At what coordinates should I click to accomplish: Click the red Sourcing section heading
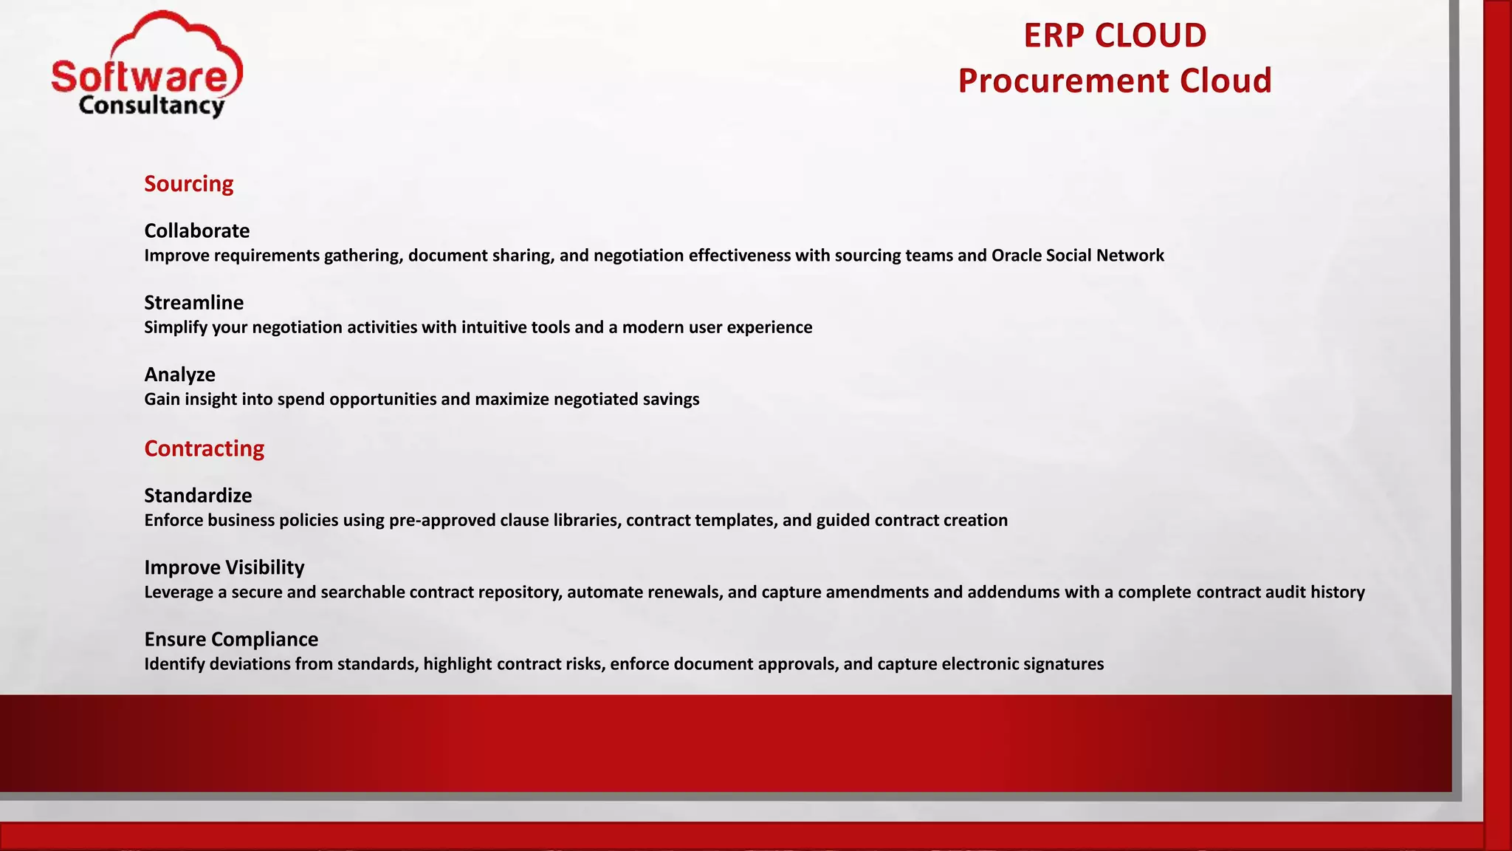(x=188, y=184)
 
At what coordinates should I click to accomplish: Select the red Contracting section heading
(x=204, y=448)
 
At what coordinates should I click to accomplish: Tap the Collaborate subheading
(x=197, y=230)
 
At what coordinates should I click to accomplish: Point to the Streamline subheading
(x=193, y=302)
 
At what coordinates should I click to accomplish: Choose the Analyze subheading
(x=179, y=375)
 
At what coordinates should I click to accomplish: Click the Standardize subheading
(x=198, y=495)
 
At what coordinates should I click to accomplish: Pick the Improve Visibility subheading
(x=224, y=567)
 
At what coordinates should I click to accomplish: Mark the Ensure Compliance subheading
(x=231, y=639)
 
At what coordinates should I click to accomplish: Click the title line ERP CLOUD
(x=1115, y=35)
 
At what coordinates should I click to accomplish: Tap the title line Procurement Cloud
(x=1115, y=81)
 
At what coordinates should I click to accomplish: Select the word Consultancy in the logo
(x=151, y=106)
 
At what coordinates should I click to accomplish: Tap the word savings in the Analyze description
(x=670, y=400)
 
